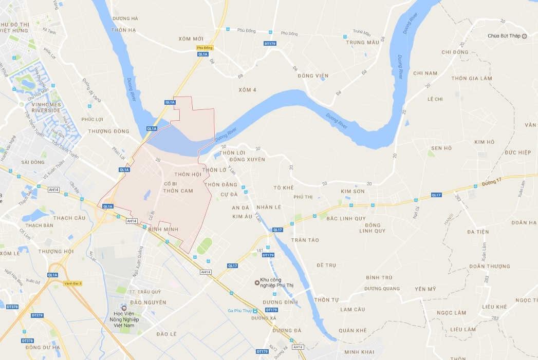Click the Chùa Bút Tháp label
504,36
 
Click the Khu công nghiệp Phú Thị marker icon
256,282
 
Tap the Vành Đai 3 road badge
73,283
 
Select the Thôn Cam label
178,191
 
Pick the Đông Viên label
312,76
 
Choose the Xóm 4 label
247,90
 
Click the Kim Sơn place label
353,191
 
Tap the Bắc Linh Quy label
346,218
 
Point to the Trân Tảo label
305,240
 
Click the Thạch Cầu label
69,218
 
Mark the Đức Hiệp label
517,153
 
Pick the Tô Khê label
284,187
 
